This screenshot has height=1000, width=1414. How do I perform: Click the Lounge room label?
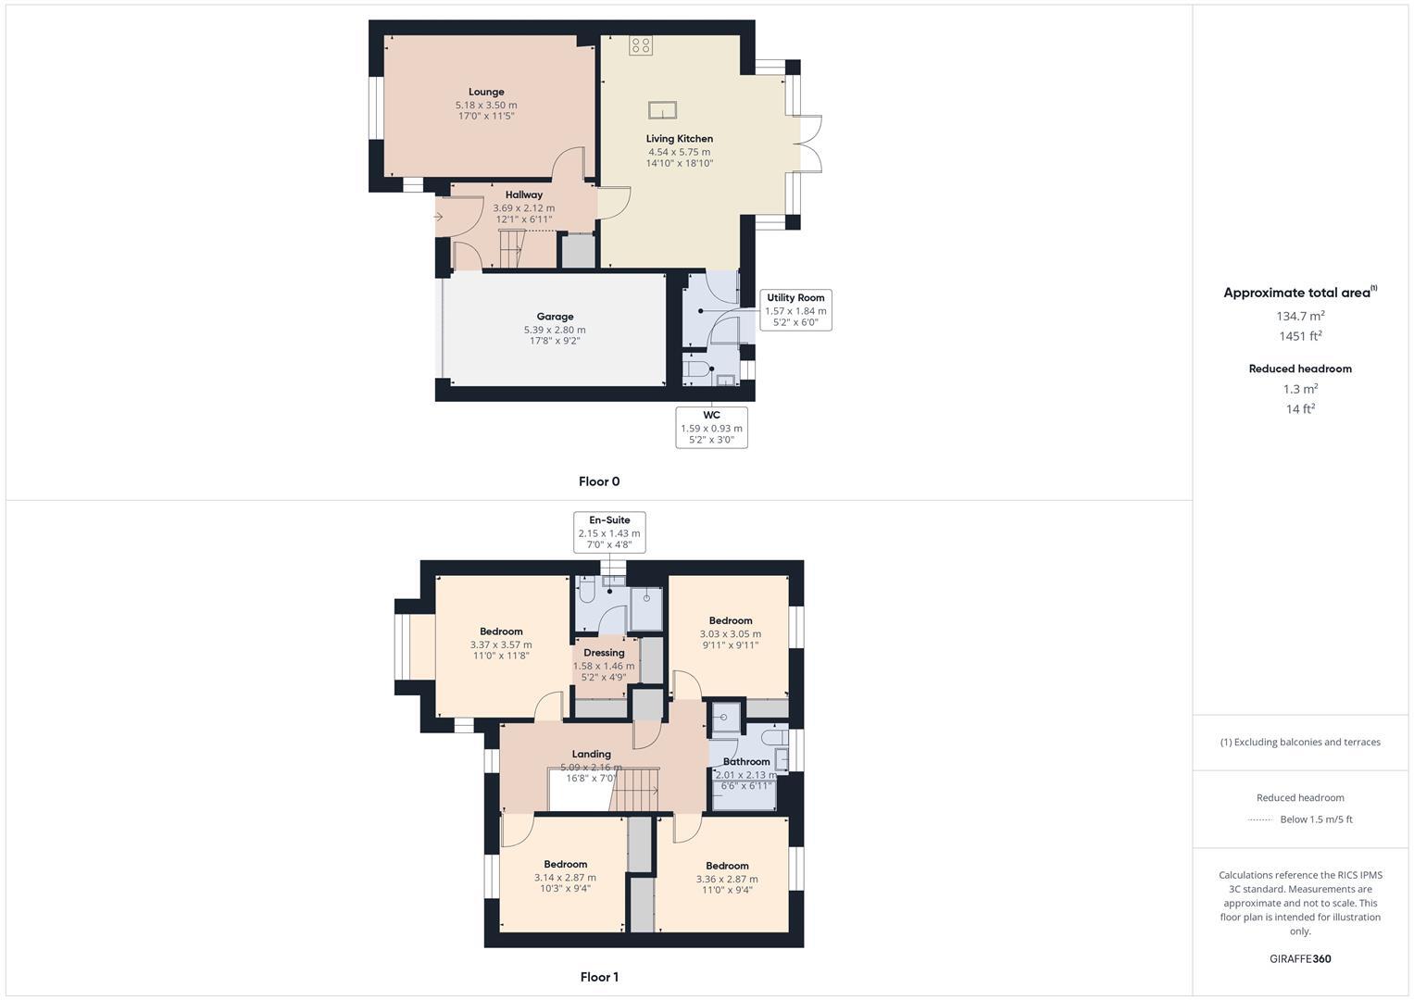[486, 92]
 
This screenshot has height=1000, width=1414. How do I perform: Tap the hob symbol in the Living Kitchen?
[641, 45]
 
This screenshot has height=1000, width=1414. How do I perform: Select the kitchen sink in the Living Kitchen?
[662, 110]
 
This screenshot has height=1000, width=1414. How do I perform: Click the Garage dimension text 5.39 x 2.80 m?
[555, 330]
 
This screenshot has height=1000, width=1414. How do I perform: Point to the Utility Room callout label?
[795, 298]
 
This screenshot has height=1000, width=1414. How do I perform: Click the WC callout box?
[711, 428]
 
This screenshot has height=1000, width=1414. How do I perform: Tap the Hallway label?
[524, 194]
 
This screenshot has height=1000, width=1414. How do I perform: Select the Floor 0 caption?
[599, 481]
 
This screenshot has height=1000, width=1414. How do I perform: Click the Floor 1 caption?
[599, 977]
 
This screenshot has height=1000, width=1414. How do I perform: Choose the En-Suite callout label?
[609, 520]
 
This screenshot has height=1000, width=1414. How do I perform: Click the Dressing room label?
[604, 653]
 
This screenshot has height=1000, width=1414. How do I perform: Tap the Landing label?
[591, 754]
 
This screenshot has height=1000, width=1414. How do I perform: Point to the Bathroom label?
[746, 761]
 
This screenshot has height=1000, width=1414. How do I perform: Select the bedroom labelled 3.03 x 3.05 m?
[731, 634]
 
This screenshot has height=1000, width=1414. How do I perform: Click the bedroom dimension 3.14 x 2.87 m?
[565, 878]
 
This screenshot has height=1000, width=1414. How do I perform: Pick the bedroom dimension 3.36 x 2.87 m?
[727, 880]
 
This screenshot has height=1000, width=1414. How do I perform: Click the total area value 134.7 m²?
[1300, 316]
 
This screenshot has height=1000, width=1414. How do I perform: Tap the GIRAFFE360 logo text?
[1300, 958]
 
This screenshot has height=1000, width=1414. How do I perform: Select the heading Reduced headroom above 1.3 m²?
[1300, 369]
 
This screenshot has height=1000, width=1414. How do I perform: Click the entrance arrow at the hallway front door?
[439, 217]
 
